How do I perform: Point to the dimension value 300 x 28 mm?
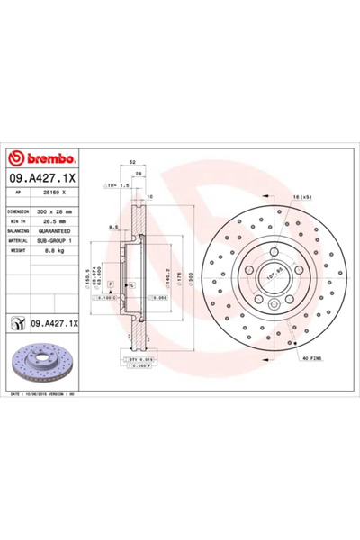61,211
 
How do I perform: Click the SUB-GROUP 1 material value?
61,239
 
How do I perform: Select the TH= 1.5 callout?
117,185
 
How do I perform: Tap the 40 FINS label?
310,360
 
